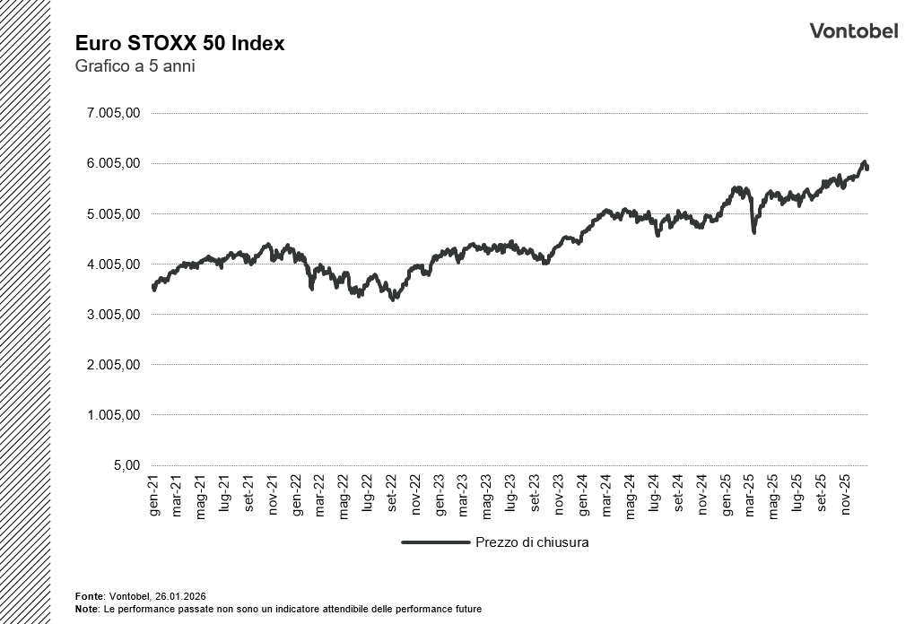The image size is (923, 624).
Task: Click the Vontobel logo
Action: point(853,31)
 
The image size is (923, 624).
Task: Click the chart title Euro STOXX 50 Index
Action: point(179,44)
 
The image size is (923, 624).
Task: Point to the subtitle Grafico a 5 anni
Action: point(135,66)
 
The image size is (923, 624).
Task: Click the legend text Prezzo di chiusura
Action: point(532,542)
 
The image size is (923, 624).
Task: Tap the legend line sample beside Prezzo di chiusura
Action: point(436,542)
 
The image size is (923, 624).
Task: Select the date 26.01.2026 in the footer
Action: point(181,596)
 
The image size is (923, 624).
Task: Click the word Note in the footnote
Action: point(87,609)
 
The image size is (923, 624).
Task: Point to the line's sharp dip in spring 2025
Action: point(753,231)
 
